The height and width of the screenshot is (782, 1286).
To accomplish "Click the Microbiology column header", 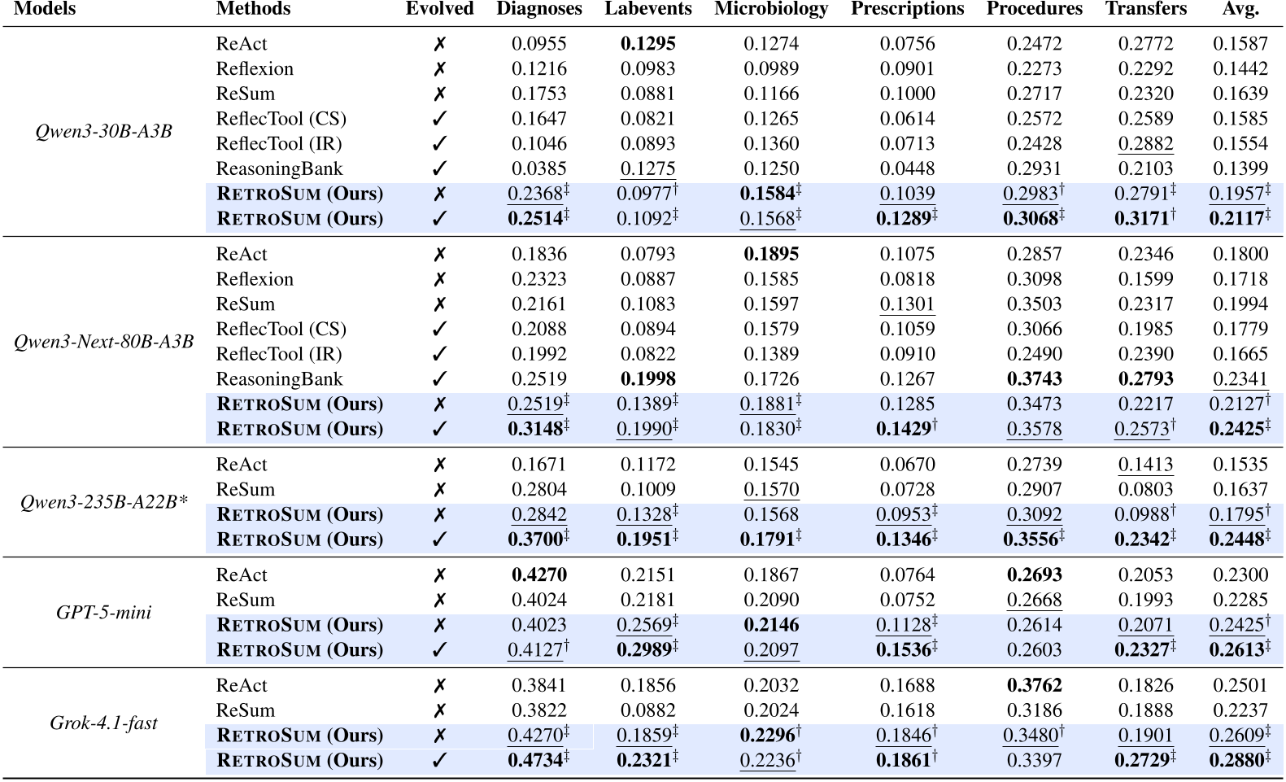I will (x=770, y=9).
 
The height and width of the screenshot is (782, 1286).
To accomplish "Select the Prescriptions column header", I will (x=907, y=9).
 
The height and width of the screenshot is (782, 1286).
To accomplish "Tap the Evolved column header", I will (x=439, y=9).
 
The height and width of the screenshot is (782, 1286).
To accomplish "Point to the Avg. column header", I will (x=1240, y=9).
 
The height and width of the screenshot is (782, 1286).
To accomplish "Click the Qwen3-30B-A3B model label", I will (x=103, y=131).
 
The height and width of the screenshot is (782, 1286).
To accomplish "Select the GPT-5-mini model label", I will (x=103, y=613).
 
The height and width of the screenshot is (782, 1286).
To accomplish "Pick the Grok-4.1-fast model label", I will (x=103, y=723).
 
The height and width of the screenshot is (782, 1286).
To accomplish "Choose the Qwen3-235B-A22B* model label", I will (x=103, y=502).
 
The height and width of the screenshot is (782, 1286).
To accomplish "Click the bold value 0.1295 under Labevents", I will (x=647, y=44).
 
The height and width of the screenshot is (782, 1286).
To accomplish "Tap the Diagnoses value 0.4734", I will (x=538, y=761).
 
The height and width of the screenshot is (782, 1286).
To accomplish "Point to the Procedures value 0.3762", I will (x=1034, y=686).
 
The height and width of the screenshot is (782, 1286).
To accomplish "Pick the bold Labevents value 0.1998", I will (x=647, y=379).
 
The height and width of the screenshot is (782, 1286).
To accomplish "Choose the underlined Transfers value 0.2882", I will (x=1145, y=144).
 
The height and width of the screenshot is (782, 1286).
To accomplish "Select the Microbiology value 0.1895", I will (x=770, y=255).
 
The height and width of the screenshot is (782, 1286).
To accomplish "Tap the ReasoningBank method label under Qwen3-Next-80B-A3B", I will (x=279, y=379).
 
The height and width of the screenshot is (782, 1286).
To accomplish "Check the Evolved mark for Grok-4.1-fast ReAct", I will (x=439, y=686).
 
